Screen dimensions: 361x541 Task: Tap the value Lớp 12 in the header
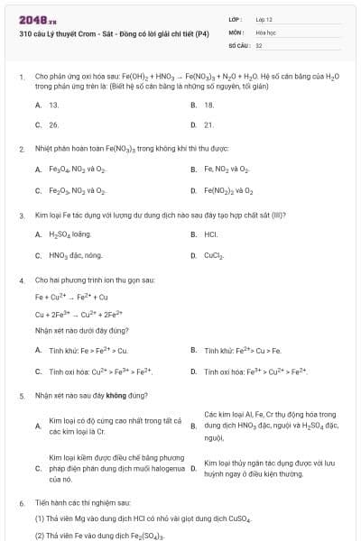point(264,19)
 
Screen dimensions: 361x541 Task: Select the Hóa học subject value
point(265,32)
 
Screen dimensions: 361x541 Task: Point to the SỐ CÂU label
point(238,44)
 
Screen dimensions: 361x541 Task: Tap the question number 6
point(21,502)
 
